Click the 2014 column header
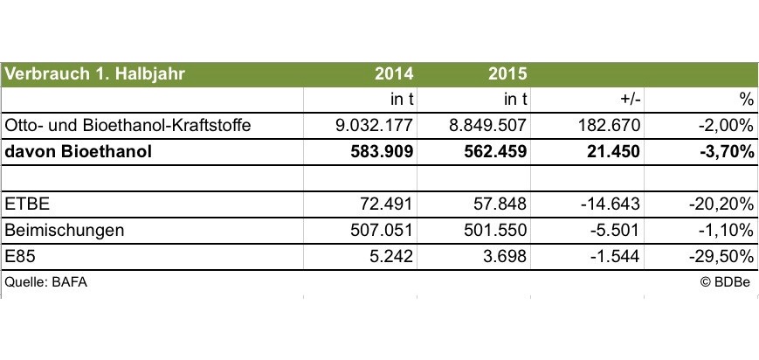(393, 73)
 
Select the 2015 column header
(507, 73)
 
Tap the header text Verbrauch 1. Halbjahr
(95, 73)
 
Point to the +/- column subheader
(628, 99)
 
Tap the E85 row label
(21, 256)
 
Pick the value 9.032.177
(374, 125)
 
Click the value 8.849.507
(488, 125)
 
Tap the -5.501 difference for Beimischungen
(616, 230)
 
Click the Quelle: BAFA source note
(46, 282)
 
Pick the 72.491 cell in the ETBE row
(387, 204)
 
